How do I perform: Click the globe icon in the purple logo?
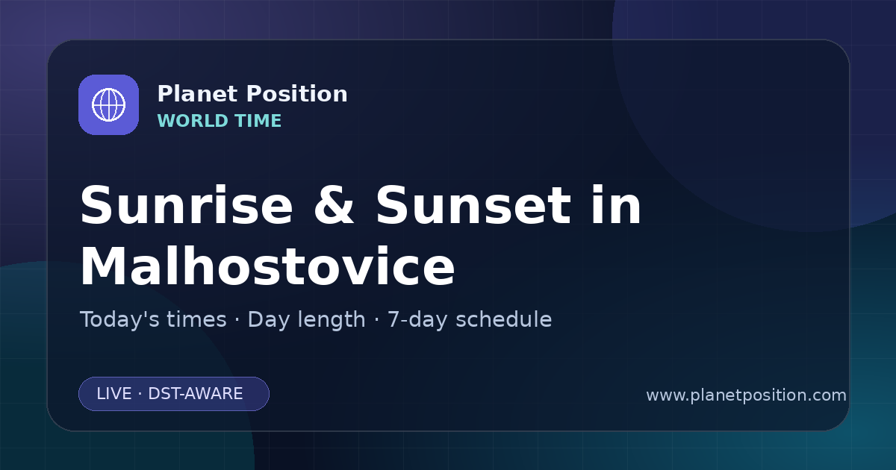108,104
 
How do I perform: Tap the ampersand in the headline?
334,205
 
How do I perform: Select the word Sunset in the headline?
473,205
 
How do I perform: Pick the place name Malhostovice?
267,266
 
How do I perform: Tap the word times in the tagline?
196,319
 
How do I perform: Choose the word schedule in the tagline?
503,319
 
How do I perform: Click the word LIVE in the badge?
114,394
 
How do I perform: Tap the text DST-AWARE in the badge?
195,394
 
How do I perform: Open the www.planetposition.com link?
746,395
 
